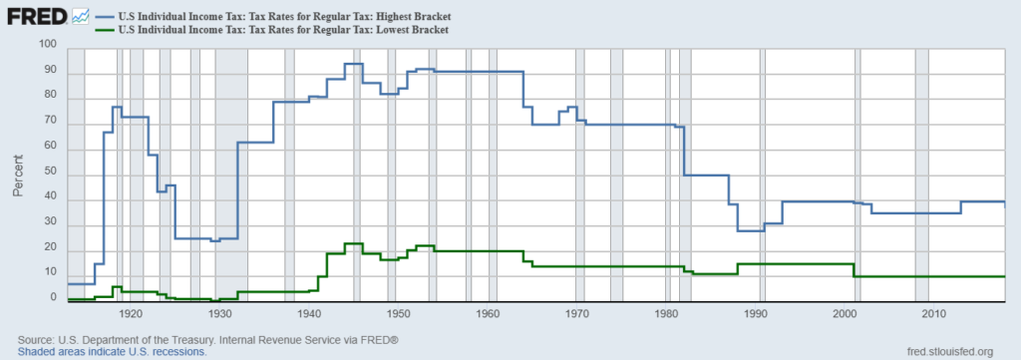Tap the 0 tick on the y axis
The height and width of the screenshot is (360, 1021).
tap(55, 298)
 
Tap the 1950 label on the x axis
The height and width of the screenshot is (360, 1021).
tap(399, 315)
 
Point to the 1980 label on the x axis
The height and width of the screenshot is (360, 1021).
tap(667, 315)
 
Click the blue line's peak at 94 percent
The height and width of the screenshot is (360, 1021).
tap(353, 64)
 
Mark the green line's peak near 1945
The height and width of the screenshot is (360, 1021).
tap(353, 243)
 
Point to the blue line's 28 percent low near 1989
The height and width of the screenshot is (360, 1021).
tap(751, 230)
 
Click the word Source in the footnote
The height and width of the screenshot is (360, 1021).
tap(37, 340)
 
